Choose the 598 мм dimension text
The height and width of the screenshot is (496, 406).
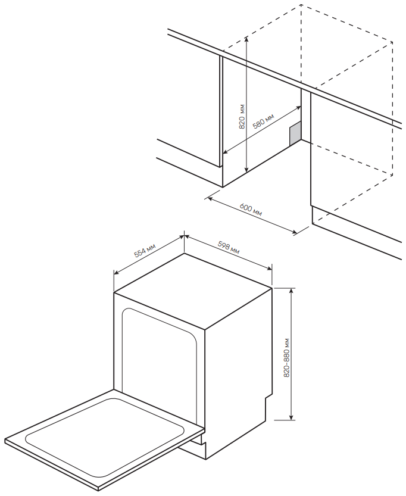click(x=229, y=247)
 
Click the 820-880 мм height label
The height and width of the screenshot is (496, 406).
click(x=286, y=358)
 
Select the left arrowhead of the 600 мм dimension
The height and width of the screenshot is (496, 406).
click(x=208, y=199)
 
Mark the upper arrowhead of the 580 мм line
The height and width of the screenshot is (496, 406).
click(x=299, y=108)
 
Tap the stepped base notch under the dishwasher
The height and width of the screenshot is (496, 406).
click(x=203, y=441)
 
